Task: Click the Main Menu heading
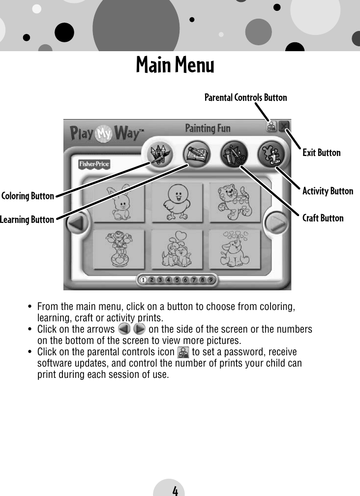[175, 65]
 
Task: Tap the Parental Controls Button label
[245, 97]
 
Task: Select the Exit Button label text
[321, 153]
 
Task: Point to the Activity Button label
[328, 191]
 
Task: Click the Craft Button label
[323, 218]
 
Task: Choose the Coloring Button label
[28, 196]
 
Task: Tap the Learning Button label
[27, 219]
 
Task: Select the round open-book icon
[195, 153]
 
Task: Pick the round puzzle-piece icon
[270, 153]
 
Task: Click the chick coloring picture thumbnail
[176, 202]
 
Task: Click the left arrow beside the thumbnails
[76, 225]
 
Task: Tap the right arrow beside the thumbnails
[277, 225]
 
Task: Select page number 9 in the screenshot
[210, 280]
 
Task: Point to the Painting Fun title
[207, 129]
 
